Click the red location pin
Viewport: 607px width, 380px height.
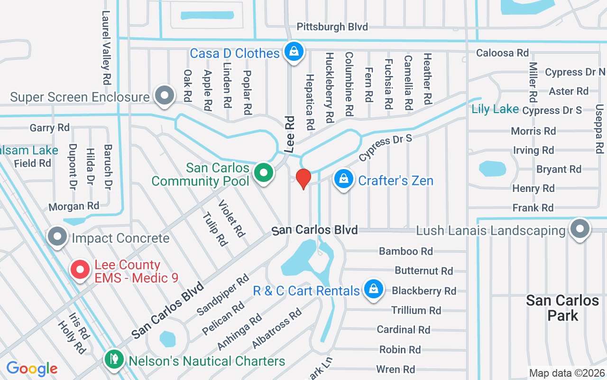pyautogui.click(x=303, y=179)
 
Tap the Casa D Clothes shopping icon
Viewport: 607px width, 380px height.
pyautogui.click(x=294, y=50)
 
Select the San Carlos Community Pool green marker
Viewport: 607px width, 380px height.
pyautogui.click(x=264, y=173)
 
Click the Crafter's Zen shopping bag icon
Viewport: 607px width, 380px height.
pyautogui.click(x=343, y=180)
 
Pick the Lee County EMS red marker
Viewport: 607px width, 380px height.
pyautogui.click(x=80, y=270)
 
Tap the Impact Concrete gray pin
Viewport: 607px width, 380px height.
pyautogui.click(x=58, y=236)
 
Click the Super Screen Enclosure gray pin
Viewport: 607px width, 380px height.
pyautogui.click(x=165, y=95)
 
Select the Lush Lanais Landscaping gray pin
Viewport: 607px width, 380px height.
pyautogui.click(x=579, y=229)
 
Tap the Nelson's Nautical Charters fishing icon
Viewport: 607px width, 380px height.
pyautogui.click(x=113, y=359)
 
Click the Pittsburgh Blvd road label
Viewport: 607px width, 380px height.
pyautogui.click(x=332, y=27)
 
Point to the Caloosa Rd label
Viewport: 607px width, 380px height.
pyautogui.click(x=502, y=53)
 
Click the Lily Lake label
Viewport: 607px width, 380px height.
pyautogui.click(x=495, y=109)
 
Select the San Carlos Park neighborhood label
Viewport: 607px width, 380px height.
pyautogui.click(x=562, y=307)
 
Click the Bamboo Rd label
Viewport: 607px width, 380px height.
pyautogui.click(x=406, y=251)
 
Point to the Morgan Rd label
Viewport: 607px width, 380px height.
pyautogui.click(x=74, y=206)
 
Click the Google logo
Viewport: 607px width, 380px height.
pyautogui.click(x=32, y=368)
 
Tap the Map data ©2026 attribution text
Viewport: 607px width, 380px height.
pyautogui.click(x=567, y=373)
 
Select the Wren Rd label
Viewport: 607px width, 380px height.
pyautogui.click(x=395, y=369)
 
